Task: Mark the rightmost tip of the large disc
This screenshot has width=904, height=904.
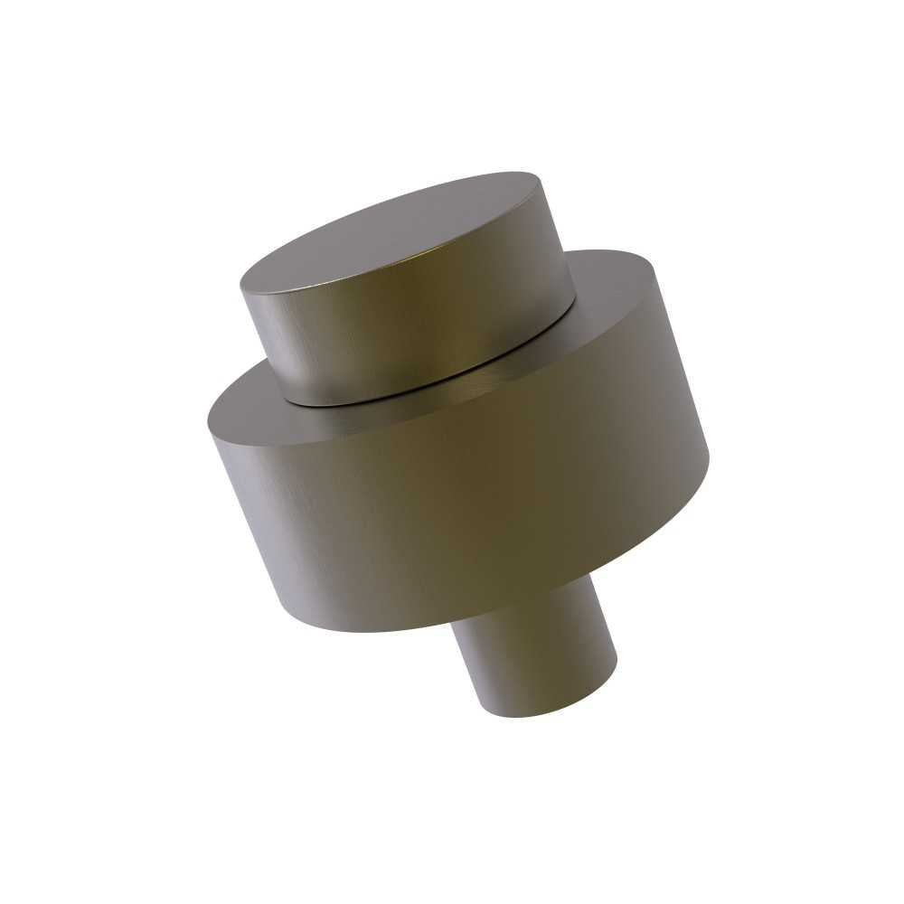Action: click(709, 457)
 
